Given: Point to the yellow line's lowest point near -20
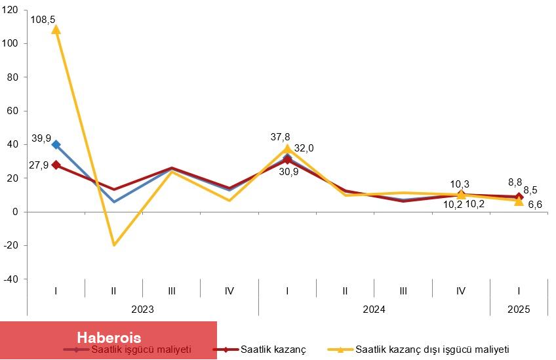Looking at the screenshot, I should [114, 245].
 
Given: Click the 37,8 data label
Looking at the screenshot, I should [281, 136].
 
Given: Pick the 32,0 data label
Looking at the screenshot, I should [303, 148].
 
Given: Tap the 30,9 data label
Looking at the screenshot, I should [288, 171].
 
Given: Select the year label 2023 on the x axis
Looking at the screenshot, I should [142, 309].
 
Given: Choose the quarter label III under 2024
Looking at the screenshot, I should [403, 290].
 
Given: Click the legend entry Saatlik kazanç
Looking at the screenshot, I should [273, 349].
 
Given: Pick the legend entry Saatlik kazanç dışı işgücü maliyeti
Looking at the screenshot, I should [431, 349].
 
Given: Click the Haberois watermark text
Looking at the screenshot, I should [109, 338].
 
